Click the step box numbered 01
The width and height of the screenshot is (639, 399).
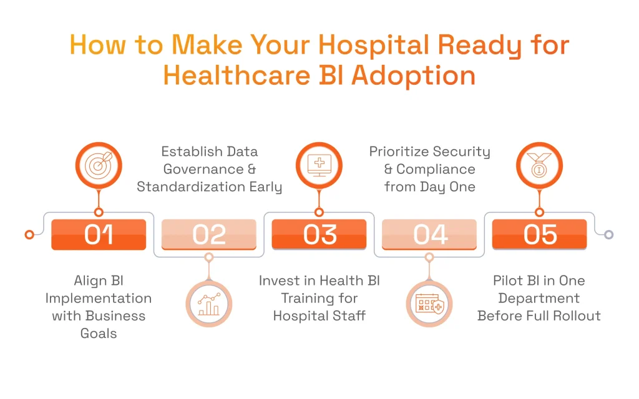tap(99, 234)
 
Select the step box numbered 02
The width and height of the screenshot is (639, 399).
tap(209, 234)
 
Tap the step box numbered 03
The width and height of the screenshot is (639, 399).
tap(319, 234)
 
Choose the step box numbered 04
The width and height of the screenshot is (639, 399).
tap(429, 234)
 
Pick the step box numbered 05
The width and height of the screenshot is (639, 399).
tap(540, 234)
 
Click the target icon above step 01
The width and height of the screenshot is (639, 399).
tap(99, 166)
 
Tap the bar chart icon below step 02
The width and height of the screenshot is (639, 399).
tap(209, 304)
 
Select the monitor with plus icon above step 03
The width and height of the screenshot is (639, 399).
tap(319, 166)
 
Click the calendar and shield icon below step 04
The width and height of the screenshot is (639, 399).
tap(429, 304)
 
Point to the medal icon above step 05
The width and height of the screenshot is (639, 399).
tap(540, 166)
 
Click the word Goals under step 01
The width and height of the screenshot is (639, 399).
tap(99, 333)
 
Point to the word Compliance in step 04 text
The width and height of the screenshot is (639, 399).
tap(436, 169)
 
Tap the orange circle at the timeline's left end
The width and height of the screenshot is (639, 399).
tap(29, 234)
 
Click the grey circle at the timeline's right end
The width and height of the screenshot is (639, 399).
tap(609, 234)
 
